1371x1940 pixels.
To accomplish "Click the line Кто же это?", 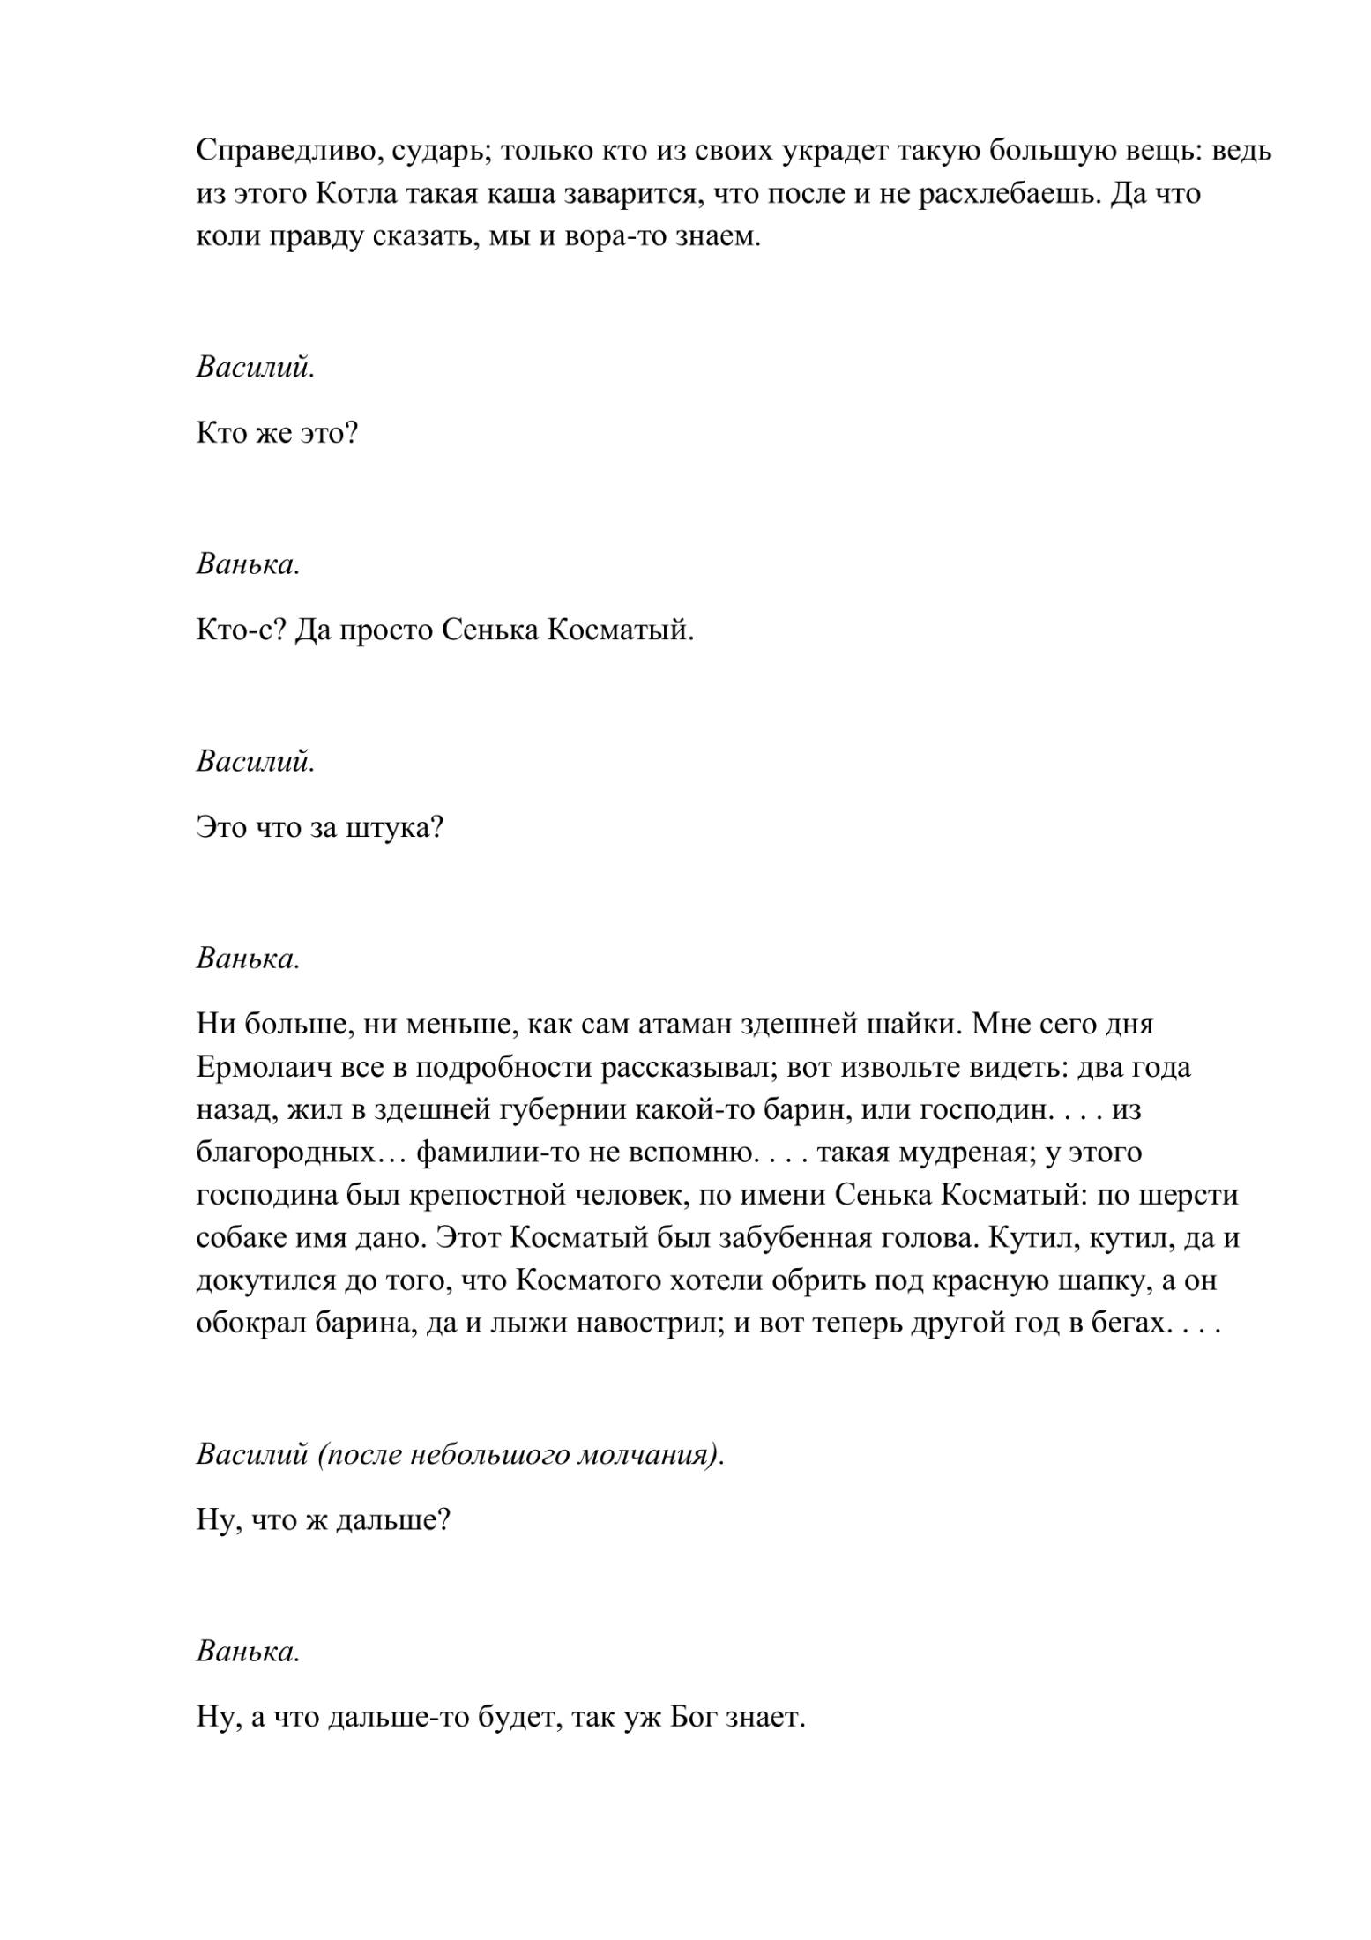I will coord(277,434).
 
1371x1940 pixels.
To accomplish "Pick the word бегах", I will coord(1116,1324).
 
